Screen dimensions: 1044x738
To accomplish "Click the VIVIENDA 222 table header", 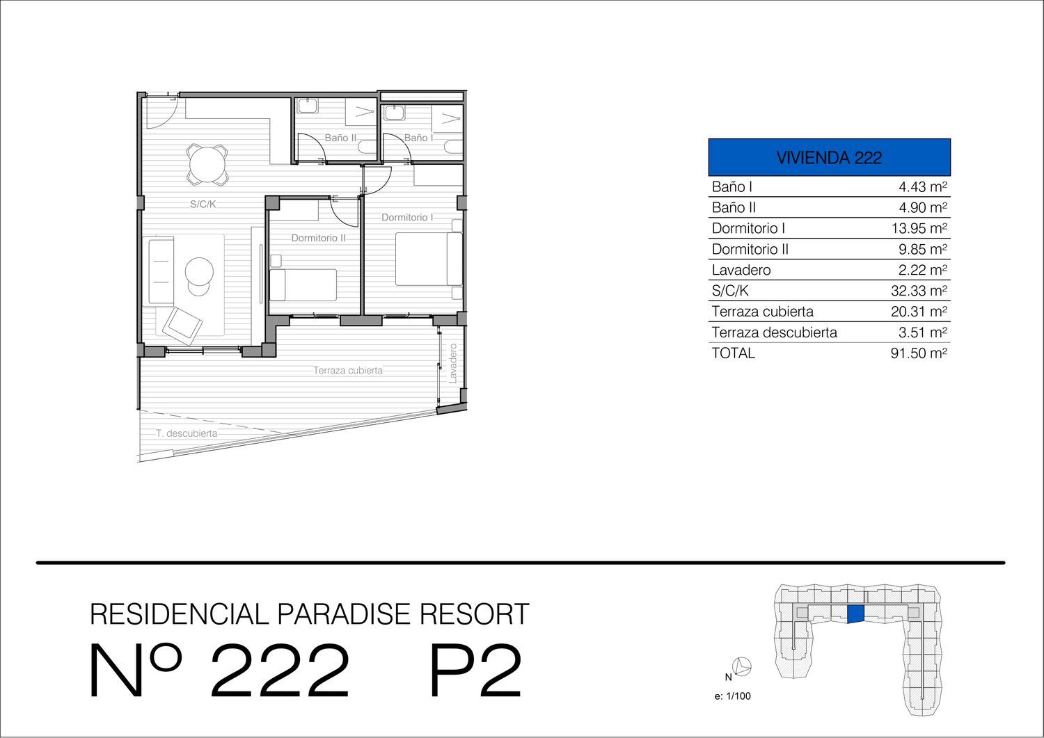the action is [x=829, y=157].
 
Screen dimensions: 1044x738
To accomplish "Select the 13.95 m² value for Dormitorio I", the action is [x=919, y=228].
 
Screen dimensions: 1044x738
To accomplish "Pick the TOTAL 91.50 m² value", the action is [x=919, y=353].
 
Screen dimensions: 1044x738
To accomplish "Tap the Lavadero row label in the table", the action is [x=741, y=270].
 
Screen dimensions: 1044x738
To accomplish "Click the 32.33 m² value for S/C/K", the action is [x=919, y=291].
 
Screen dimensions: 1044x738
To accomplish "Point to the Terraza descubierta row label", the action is [x=774, y=332].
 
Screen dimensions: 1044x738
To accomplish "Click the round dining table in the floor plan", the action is [x=207, y=163].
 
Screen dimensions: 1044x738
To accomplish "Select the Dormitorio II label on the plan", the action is [x=318, y=238].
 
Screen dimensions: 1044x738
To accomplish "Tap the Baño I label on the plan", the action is [x=418, y=138].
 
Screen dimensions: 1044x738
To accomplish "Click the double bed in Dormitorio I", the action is [x=429, y=259].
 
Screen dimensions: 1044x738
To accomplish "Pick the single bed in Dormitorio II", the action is [x=303, y=284].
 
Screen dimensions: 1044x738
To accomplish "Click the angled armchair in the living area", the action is [x=179, y=325].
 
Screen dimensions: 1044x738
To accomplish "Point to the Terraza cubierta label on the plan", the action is [x=348, y=371].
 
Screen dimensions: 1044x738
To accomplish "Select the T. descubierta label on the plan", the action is [x=187, y=433].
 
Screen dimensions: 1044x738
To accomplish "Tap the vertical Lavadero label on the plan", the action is [x=452, y=364].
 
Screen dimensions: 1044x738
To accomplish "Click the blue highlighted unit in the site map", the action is [x=855, y=613].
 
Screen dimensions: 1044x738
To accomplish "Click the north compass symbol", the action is [x=742, y=666].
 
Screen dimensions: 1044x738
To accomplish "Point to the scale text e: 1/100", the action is [x=733, y=696].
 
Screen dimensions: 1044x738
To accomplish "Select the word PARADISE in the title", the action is [x=343, y=613].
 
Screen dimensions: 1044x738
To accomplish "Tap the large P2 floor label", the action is [x=475, y=671].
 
